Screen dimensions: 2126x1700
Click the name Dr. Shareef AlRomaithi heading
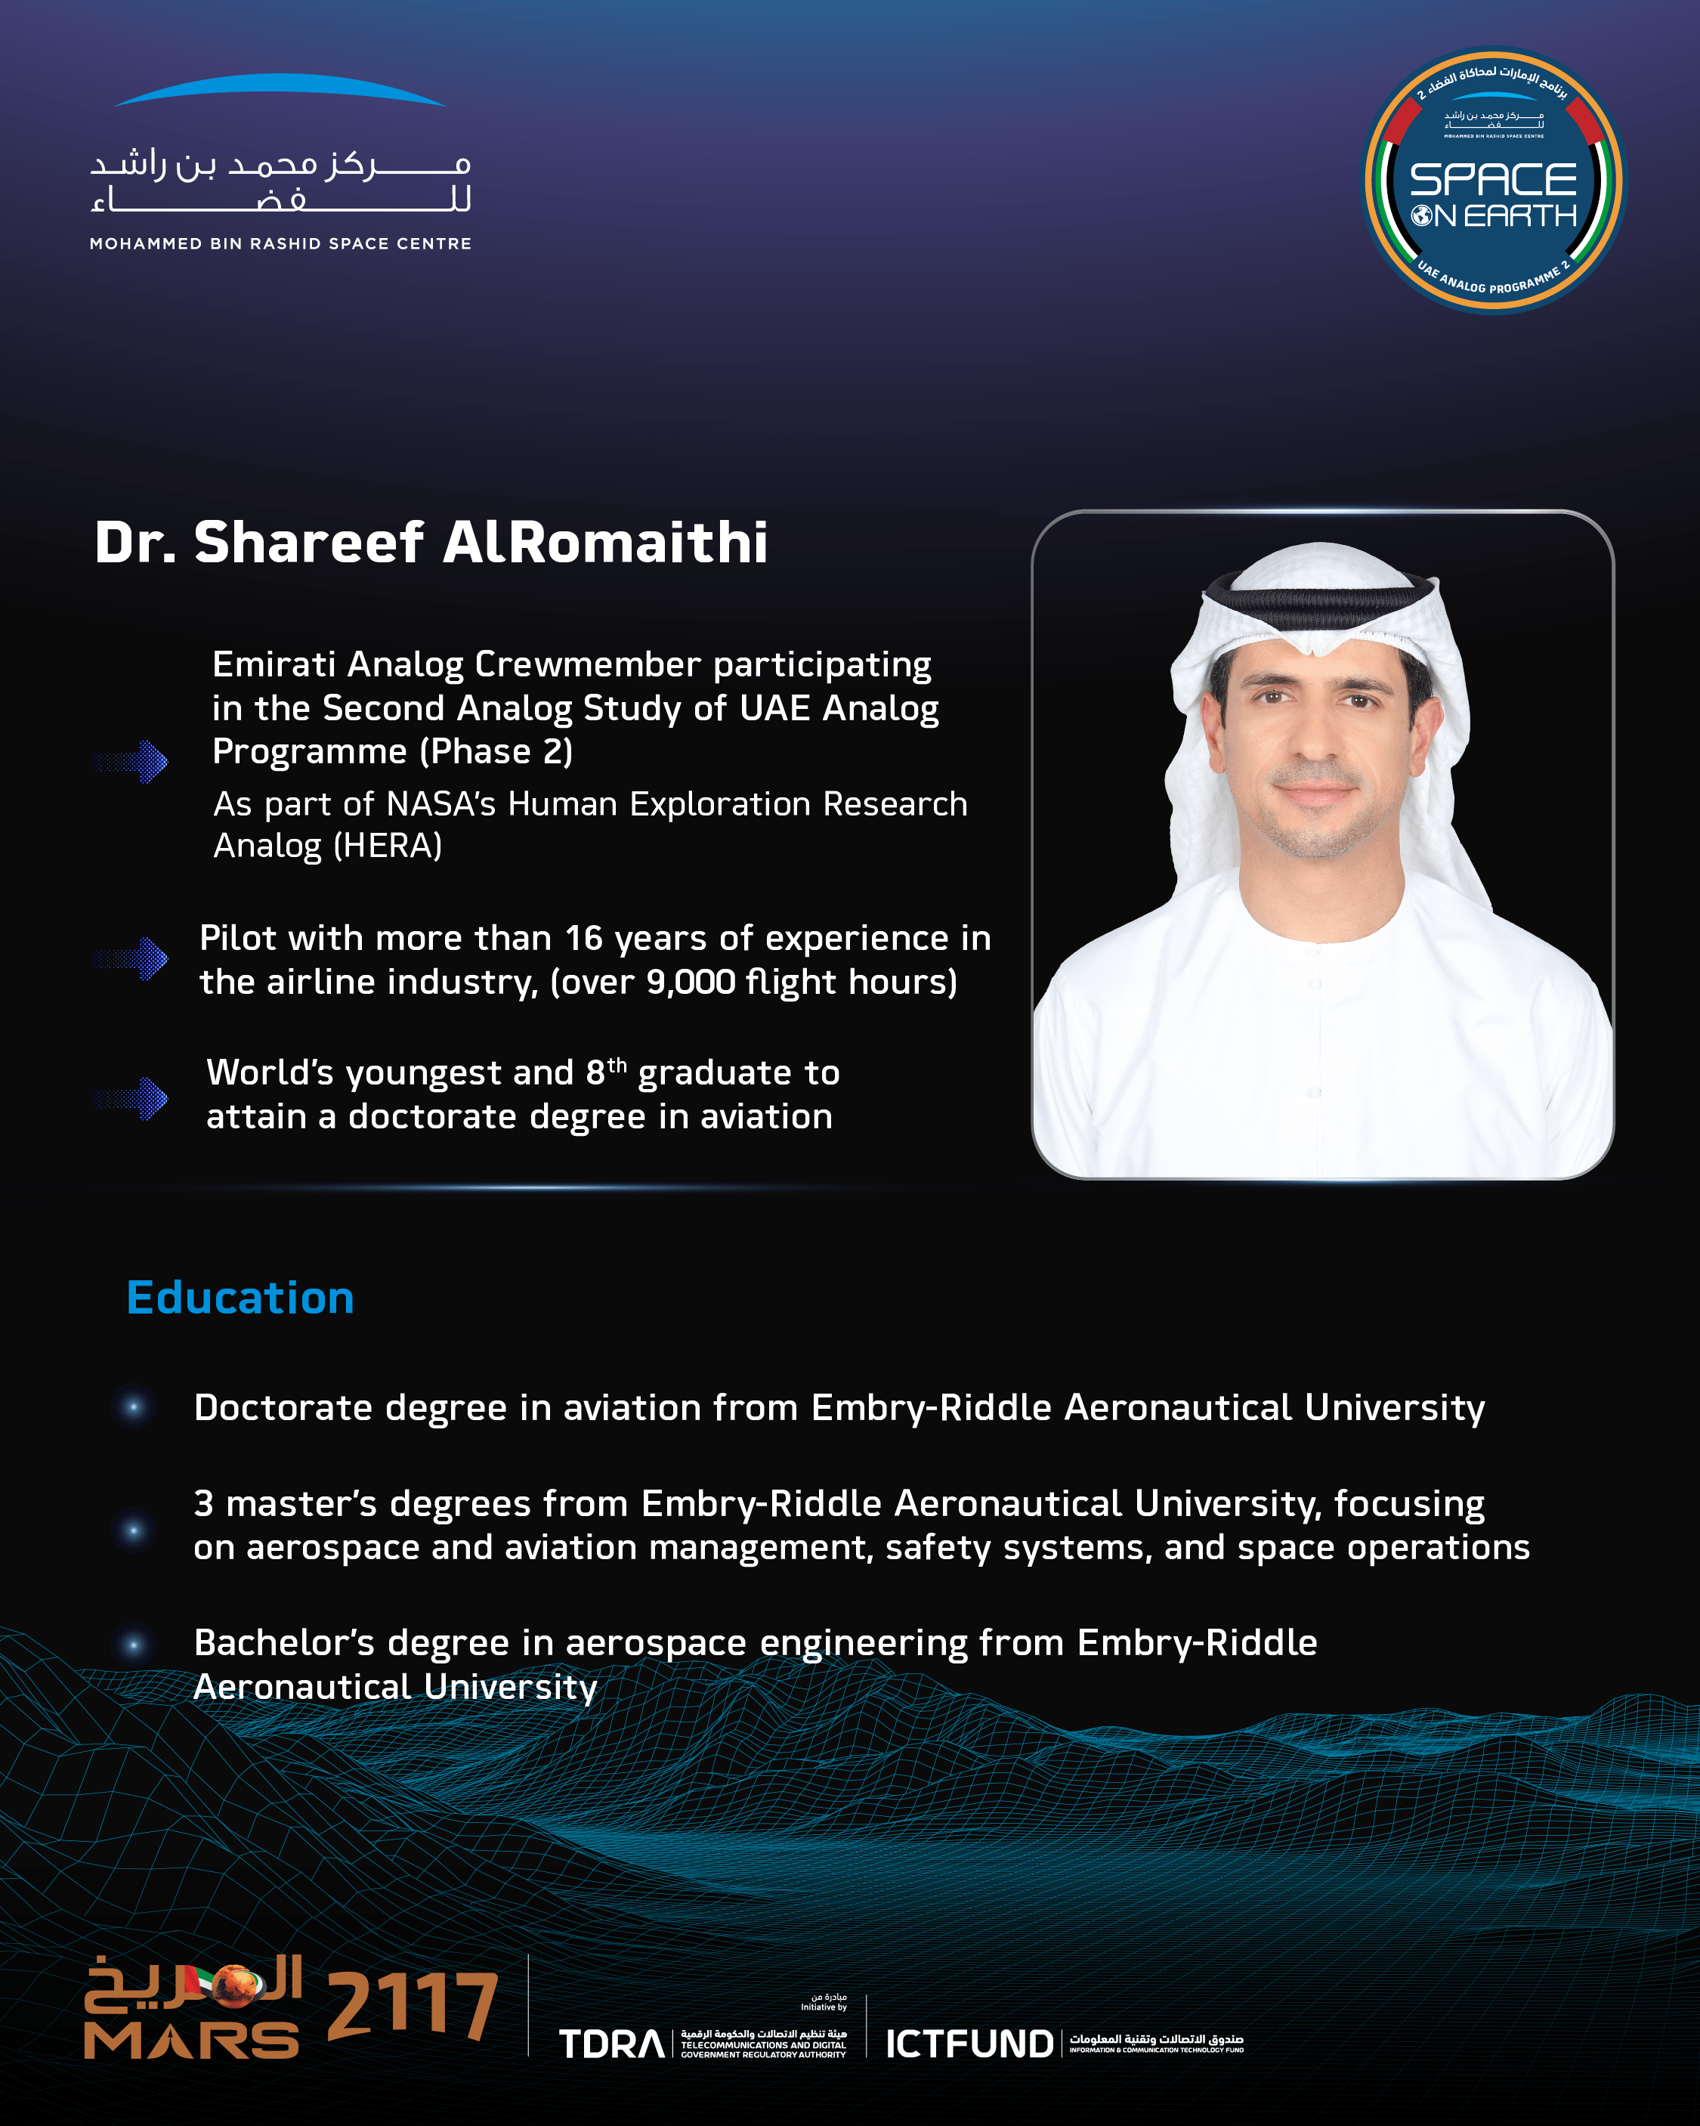point(431,543)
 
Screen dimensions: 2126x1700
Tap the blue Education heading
point(240,1298)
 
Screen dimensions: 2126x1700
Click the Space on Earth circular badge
point(1493,182)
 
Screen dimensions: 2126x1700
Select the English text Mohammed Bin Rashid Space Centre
point(280,243)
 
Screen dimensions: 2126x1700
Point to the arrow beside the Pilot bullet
point(132,958)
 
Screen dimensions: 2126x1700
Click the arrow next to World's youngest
point(132,1098)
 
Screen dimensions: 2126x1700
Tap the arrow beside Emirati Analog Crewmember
point(132,761)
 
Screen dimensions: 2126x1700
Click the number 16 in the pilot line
point(584,939)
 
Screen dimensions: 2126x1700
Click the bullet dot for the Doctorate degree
point(134,1407)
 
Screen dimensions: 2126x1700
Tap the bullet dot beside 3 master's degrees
point(134,1530)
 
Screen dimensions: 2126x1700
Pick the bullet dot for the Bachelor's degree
point(134,1645)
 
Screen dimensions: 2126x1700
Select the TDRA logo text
point(611,2044)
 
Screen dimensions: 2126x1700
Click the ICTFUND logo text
point(969,2044)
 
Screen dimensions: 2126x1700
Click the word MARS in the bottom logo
point(191,2041)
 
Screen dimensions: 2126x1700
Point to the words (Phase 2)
point(496,751)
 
